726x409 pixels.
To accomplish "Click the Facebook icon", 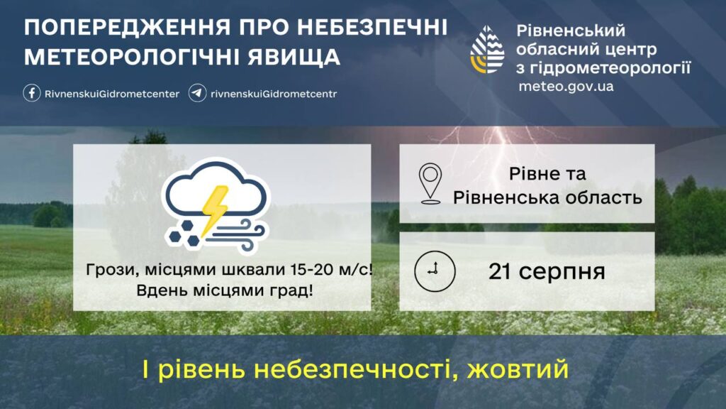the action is [31, 93].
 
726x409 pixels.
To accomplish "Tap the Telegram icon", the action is [197, 93].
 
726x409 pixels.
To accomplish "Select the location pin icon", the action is [430, 184].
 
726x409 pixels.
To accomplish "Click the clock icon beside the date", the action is [435, 271].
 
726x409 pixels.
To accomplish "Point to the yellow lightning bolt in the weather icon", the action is [215, 209].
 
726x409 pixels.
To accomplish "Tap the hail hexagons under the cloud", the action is [184, 233].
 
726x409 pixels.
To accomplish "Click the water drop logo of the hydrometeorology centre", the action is [487, 50].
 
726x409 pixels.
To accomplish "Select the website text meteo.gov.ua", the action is [566, 87].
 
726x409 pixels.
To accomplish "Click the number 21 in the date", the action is [500, 271].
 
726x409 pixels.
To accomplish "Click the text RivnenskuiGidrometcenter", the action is [112, 94].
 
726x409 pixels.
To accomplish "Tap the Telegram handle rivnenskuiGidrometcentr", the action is [274, 94].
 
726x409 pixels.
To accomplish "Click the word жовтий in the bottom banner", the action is [518, 369].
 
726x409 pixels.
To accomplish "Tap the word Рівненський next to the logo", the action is [571, 31].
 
